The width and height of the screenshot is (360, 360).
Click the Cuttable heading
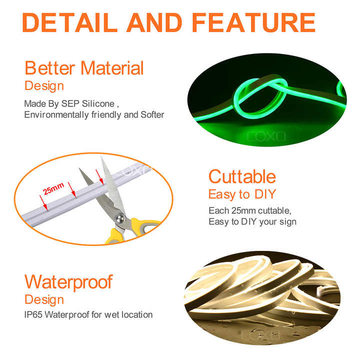click(x=242, y=176)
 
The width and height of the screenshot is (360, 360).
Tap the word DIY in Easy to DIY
click(x=266, y=193)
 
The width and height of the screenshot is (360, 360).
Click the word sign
click(x=287, y=221)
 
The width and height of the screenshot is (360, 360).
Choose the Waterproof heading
click(x=68, y=281)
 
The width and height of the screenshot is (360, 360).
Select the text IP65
click(x=34, y=314)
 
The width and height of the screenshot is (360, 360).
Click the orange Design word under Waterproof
click(x=44, y=299)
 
